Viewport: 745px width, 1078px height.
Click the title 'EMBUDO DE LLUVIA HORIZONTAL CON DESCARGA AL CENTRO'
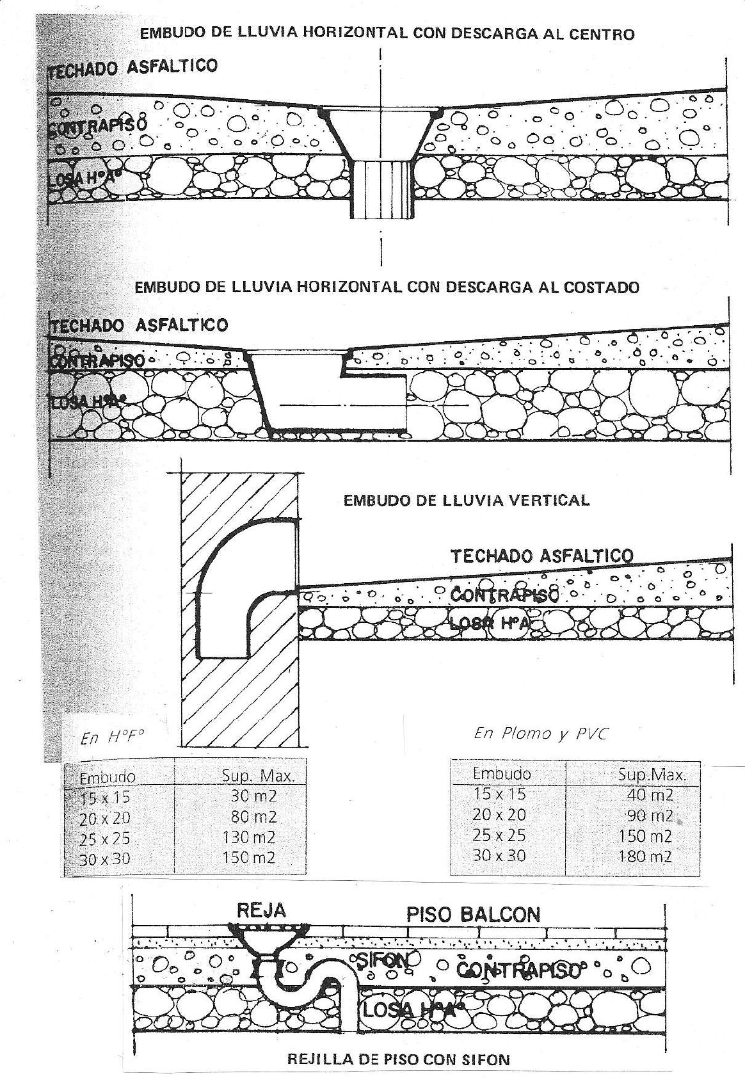387,33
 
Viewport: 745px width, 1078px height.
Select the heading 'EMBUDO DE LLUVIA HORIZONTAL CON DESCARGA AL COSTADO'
387,287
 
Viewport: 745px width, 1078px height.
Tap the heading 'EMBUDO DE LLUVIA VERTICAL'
467,500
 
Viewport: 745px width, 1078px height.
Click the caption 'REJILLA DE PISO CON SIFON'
399,1059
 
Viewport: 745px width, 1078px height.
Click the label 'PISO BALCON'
473,914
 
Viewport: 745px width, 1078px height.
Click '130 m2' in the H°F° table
249,837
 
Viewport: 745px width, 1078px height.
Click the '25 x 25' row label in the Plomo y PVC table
499,835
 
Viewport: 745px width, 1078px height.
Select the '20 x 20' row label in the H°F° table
105,819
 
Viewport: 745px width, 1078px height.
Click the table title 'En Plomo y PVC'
539,734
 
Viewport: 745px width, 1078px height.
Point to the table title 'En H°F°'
110,737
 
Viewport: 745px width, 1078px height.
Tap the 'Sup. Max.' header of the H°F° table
258,776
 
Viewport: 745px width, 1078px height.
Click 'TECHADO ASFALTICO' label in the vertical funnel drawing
541,556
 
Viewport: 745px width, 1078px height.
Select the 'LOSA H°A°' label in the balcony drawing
410,1010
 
